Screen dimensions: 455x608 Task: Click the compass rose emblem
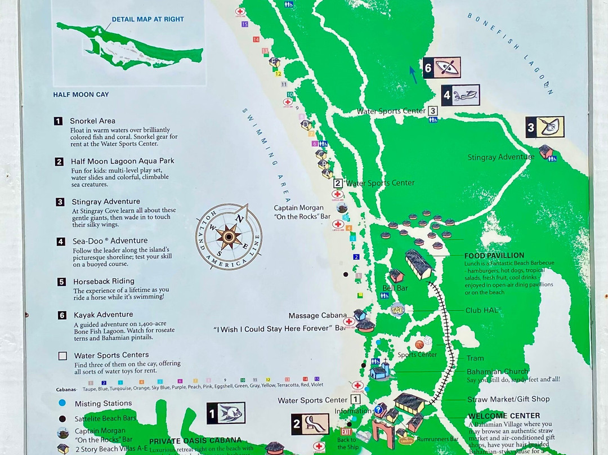pyautogui.click(x=229, y=237)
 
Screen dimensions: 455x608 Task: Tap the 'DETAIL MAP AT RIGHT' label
pyautogui.click(x=147, y=19)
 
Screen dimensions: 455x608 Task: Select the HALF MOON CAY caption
pyautogui.click(x=81, y=95)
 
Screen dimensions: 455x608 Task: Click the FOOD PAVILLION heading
pyautogui.click(x=494, y=256)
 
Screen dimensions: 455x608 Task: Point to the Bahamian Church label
pyautogui.click(x=497, y=372)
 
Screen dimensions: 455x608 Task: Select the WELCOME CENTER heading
pyautogui.click(x=496, y=416)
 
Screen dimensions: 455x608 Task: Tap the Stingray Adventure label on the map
pyautogui.click(x=500, y=157)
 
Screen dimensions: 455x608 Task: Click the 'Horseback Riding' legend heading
pyautogui.click(x=104, y=281)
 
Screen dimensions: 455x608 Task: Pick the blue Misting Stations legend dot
pyautogui.click(x=62, y=403)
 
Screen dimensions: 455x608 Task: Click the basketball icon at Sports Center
pyautogui.click(x=419, y=344)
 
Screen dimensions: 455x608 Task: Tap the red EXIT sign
pyautogui.click(x=346, y=432)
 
